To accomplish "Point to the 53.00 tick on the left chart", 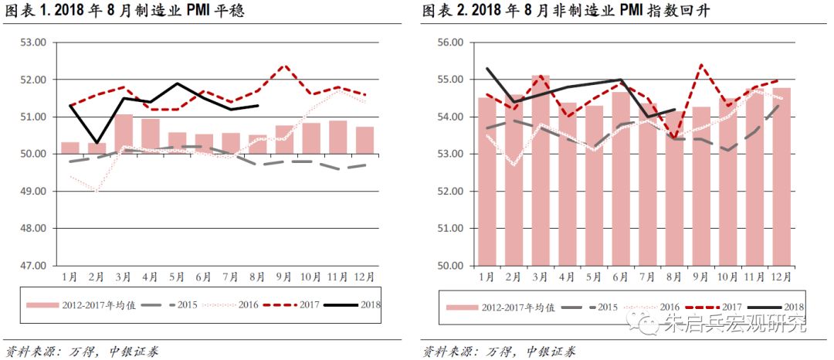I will click(x=33, y=42).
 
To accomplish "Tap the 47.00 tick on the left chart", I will click(x=33, y=265).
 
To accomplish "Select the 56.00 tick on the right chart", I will click(x=449, y=42).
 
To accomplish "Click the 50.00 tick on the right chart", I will click(x=449, y=265).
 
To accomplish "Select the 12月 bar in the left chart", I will click(x=365, y=140).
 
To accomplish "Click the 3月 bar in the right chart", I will click(x=541, y=170).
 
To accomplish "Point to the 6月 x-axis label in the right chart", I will click(x=621, y=276).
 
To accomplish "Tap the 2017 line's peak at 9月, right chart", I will click(x=701, y=65).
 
